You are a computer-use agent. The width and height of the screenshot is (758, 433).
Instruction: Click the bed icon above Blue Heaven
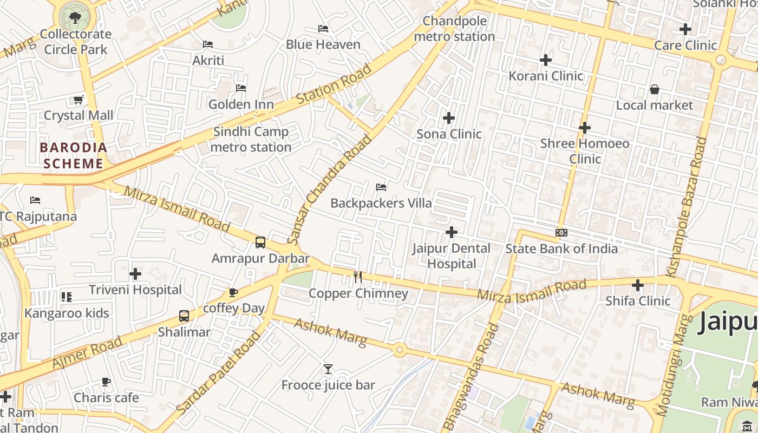click(323, 28)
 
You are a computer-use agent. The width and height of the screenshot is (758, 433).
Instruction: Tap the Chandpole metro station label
click(454, 29)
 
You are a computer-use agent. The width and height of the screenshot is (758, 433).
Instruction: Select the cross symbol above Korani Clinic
click(546, 60)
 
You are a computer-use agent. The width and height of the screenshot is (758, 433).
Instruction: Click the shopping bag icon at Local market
click(654, 89)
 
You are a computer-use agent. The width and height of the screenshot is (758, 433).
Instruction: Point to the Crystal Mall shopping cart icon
click(78, 100)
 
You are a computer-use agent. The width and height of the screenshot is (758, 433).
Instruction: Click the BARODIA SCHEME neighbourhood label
click(73, 155)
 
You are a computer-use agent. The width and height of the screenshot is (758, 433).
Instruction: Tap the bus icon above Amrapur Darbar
click(260, 242)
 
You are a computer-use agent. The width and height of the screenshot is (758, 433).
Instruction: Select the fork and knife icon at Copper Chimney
click(357, 277)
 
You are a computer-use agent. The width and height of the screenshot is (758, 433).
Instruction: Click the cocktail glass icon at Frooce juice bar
click(328, 369)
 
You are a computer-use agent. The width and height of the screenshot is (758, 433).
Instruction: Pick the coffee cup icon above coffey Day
click(233, 292)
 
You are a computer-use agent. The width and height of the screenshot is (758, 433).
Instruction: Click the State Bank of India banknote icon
click(561, 233)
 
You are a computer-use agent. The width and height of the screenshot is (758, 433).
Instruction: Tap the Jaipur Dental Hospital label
click(452, 256)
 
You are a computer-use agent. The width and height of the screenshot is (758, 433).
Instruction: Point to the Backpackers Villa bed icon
click(381, 187)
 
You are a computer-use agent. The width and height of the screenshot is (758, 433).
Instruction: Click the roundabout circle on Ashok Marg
click(400, 350)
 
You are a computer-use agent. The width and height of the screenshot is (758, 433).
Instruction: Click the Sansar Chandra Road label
click(330, 189)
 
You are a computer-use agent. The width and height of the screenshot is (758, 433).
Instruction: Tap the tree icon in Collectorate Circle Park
click(75, 17)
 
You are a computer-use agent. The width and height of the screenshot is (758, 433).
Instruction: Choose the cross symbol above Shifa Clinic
click(638, 285)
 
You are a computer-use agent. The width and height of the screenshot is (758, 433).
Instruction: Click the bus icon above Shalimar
click(184, 316)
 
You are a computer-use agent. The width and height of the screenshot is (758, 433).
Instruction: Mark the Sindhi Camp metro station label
click(251, 139)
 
